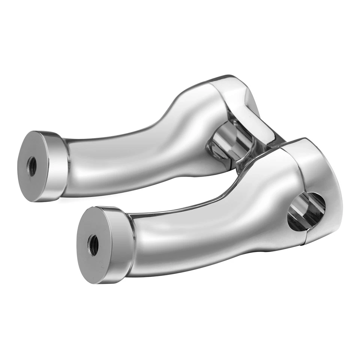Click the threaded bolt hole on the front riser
point(93,245)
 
